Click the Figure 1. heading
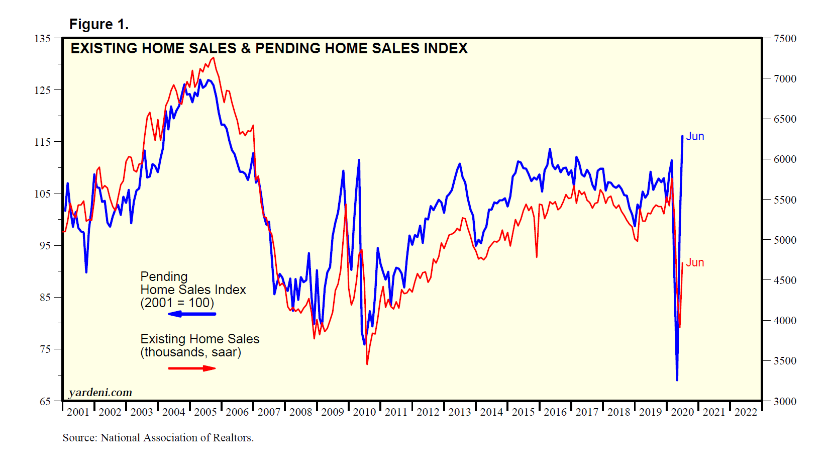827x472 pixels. (98, 24)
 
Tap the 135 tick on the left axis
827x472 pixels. (43, 39)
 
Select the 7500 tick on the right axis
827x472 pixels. (785, 39)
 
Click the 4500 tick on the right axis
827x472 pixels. (785, 280)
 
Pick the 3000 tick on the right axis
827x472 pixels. (785, 402)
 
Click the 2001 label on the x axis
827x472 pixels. (78, 412)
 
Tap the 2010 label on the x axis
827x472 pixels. (364, 412)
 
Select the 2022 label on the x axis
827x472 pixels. (746, 412)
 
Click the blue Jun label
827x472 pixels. (695, 137)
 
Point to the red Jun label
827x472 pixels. (695, 263)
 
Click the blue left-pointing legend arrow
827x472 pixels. (192, 314)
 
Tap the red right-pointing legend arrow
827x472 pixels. (192, 368)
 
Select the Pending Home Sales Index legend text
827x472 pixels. (193, 290)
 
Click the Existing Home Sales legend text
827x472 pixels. (200, 345)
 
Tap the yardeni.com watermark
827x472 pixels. (100, 393)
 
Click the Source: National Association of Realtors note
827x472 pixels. (158, 438)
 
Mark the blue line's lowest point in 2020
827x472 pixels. (677, 380)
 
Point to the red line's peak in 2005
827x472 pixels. (214, 58)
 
